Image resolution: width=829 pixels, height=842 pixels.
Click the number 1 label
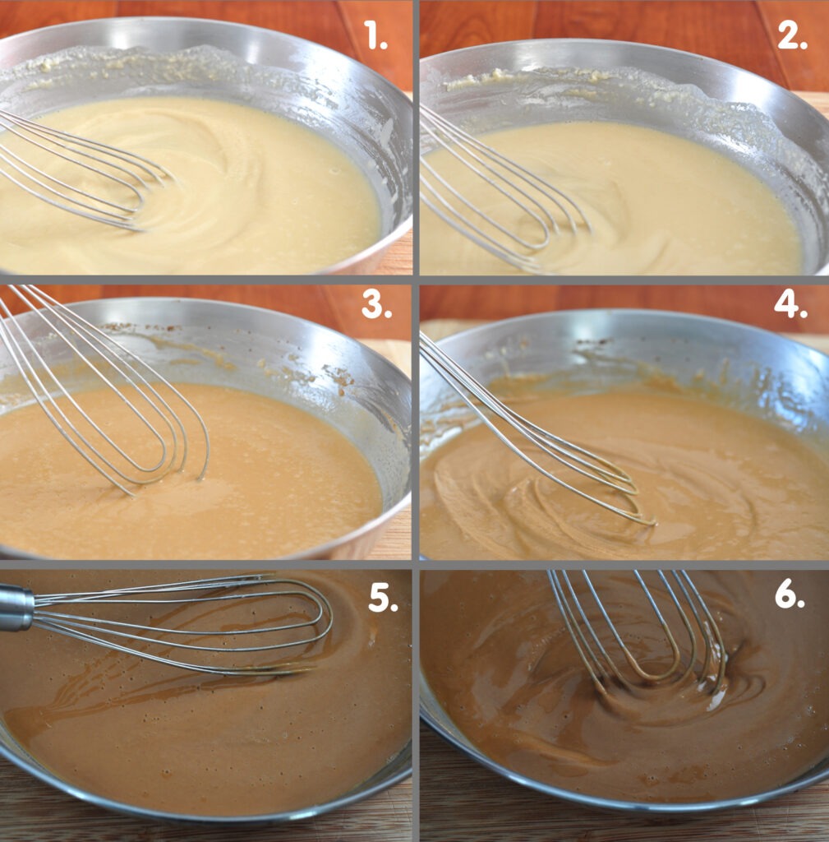click(375, 35)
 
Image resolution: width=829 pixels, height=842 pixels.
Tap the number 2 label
click(792, 36)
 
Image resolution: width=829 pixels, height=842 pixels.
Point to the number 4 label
click(791, 304)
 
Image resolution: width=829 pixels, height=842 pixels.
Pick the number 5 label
click(383, 598)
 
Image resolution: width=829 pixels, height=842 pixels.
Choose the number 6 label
click(790, 594)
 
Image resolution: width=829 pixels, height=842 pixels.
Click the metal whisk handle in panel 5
click(16, 608)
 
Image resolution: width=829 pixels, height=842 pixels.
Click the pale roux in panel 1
click(214, 199)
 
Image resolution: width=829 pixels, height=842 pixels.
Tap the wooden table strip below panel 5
click(204, 821)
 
